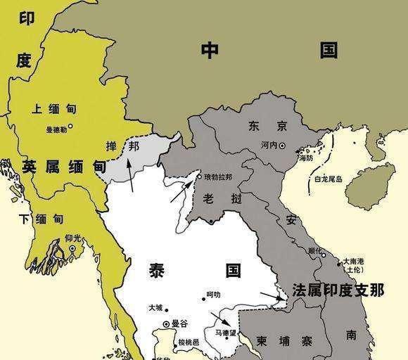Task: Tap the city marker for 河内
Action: (x=282, y=146)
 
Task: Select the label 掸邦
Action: (x=121, y=147)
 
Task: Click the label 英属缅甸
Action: (x=63, y=167)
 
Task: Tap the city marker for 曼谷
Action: (x=166, y=323)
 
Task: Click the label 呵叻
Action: (x=213, y=295)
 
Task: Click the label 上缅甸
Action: (x=53, y=109)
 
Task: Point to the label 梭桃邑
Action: (x=189, y=342)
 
